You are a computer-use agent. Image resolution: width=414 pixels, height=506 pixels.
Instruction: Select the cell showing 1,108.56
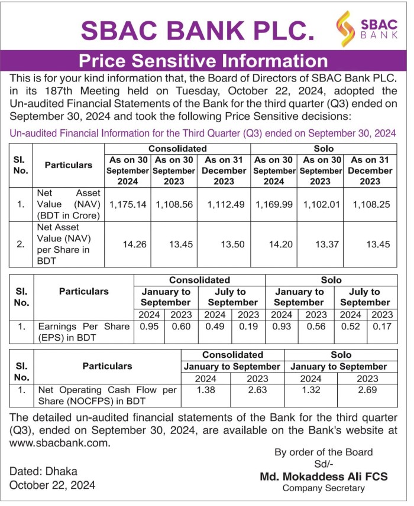click(x=174, y=204)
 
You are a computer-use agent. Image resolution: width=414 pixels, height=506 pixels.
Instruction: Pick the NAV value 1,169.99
click(x=274, y=204)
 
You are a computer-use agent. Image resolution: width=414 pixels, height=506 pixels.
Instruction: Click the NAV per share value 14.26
click(x=134, y=244)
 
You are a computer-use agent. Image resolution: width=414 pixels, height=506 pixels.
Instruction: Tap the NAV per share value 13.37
click(x=326, y=244)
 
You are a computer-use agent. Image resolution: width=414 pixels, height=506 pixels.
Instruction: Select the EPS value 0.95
click(x=149, y=326)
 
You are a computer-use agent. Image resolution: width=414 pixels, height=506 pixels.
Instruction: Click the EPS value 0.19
click(x=248, y=326)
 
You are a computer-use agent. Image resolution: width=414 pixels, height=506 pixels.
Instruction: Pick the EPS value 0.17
click(x=381, y=326)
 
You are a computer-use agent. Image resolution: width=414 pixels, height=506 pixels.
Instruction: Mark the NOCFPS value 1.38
click(x=205, y=390)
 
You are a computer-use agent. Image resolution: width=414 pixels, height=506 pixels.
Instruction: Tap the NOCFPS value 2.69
click(x=367, y=390)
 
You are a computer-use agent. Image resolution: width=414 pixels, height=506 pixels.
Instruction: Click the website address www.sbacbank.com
click(x=60, y=442)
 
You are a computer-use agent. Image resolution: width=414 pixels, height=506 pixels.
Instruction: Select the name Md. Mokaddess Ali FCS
click(x=323, y=476)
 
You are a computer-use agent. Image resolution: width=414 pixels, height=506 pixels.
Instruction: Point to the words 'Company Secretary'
click(x=324, y=488)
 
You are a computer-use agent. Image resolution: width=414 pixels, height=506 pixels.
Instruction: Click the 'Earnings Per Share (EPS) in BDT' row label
click(x=83, y=332)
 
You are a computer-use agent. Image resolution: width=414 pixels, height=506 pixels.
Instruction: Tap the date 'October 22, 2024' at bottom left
click(x=52, y=485)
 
